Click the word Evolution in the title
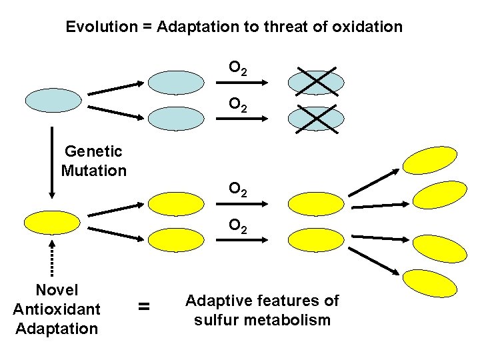coord(95,27)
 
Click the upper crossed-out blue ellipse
coord(316,82)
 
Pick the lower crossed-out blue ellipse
coord(316,118)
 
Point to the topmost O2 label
coord(238,68)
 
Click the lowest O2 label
coord(238,227)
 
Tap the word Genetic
coord(93,152)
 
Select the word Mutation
coord(93,171)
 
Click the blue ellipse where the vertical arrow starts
coord(53,99)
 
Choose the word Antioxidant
coord(57,309)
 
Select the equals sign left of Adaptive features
coord(143,307)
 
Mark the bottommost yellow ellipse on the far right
coord(431,283)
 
